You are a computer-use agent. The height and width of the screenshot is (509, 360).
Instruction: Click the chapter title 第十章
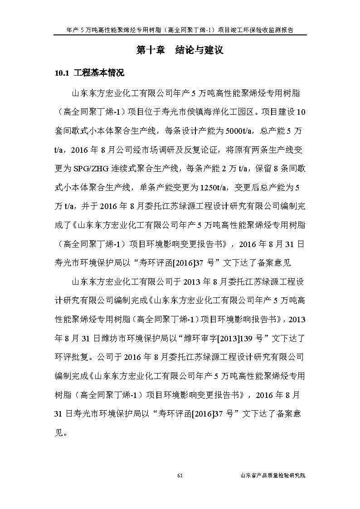tap(151, 50)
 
